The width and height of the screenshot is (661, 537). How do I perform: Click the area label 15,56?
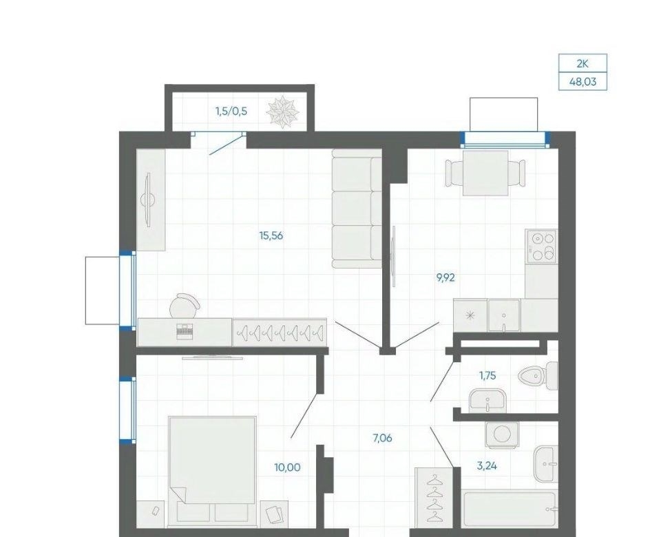tap(271, 235)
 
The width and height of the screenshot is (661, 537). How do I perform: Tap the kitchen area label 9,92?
tap(445, 277)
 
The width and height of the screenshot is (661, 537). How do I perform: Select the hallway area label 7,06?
tap(382, 439)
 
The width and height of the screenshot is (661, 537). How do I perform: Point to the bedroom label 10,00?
tap(287, 467)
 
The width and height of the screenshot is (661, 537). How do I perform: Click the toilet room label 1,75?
tap(487, 375)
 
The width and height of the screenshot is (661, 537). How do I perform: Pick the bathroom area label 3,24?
tap(487, 466)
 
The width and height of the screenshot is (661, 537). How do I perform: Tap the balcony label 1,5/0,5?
tap(231, 112)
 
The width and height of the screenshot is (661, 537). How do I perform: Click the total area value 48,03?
tap(583, 81)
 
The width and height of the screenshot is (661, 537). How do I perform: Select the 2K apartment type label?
tap(583, 64)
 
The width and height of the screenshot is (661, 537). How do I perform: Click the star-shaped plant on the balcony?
tap(282, 111)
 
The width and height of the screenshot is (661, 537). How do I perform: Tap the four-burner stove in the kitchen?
tap(541, 246)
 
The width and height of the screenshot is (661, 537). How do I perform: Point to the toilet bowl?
tap(538, 375)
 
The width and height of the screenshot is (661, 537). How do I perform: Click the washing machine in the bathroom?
tap(502, 434)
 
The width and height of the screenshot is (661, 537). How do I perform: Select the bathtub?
tap(510, 509)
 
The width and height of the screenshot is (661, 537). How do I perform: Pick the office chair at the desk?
tap(185, 305)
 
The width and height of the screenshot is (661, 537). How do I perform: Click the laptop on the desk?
tap(184, 331)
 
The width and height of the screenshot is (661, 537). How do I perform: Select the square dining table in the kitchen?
tap(485, 173)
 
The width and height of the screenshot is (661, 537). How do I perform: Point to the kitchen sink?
tap(504, 315)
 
